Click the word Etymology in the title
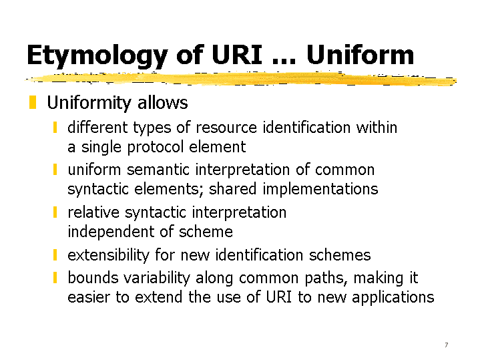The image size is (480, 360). [97, 55]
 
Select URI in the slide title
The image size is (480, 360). [237, 55]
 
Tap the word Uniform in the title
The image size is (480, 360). [360, 55]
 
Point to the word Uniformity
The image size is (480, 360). [89, 103]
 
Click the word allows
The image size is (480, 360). [162, 102]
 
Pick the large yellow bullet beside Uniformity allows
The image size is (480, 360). [33, 102]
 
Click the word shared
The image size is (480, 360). [232, 188]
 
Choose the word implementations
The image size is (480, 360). [320, 189]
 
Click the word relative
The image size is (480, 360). [93, 212]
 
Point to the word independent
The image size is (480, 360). [111, 232]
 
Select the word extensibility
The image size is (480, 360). [108, 255]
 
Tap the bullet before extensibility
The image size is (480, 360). [55, 255]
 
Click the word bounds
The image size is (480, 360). [93, 278]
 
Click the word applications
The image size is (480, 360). [393, 297]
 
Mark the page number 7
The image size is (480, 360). [447, 345]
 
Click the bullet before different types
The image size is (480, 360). [55, 128]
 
